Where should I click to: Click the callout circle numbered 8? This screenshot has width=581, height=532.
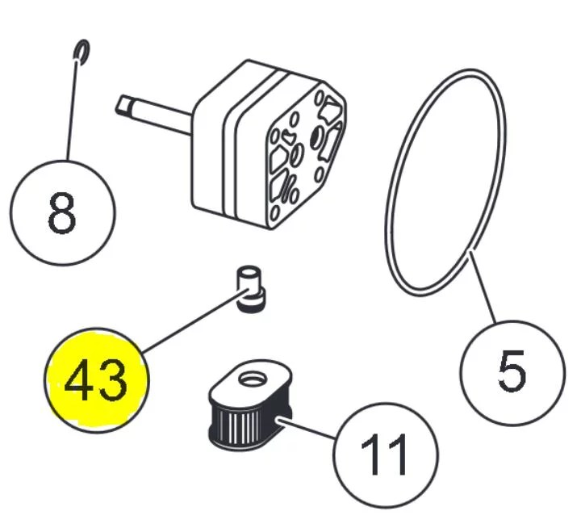[62, 213]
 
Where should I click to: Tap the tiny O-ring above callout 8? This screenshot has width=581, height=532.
[80, 52]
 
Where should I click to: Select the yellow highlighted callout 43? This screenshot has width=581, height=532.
[96, 379]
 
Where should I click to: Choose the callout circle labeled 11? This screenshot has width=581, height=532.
[387, 453]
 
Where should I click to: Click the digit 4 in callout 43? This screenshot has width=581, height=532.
[80, 380]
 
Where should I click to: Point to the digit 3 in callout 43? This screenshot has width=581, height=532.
[113, 380]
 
